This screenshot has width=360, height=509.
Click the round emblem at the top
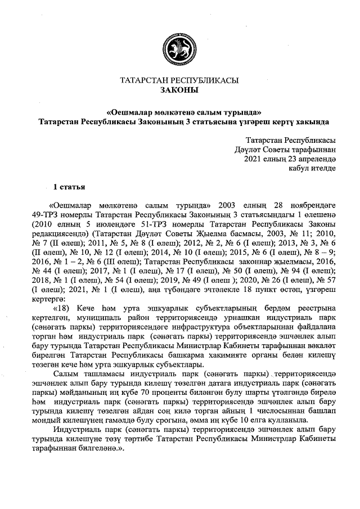point(179,47)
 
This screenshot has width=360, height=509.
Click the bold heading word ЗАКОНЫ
point(179,90)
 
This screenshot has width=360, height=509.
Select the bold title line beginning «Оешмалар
point(179,112)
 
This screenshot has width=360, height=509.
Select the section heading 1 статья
point(69,186)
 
